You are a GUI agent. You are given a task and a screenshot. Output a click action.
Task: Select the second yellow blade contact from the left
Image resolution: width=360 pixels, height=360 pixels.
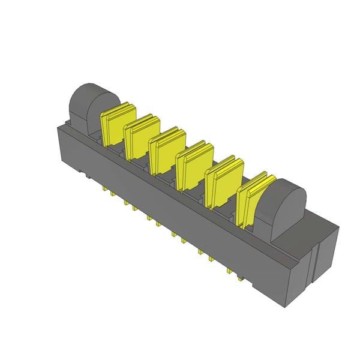(x=140, y=138)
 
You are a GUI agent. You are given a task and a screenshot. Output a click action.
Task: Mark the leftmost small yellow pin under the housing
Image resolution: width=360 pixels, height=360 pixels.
(x=106, y=190)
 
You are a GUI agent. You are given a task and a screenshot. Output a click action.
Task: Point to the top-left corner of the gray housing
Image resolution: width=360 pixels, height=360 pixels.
(x=58, y=125)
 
